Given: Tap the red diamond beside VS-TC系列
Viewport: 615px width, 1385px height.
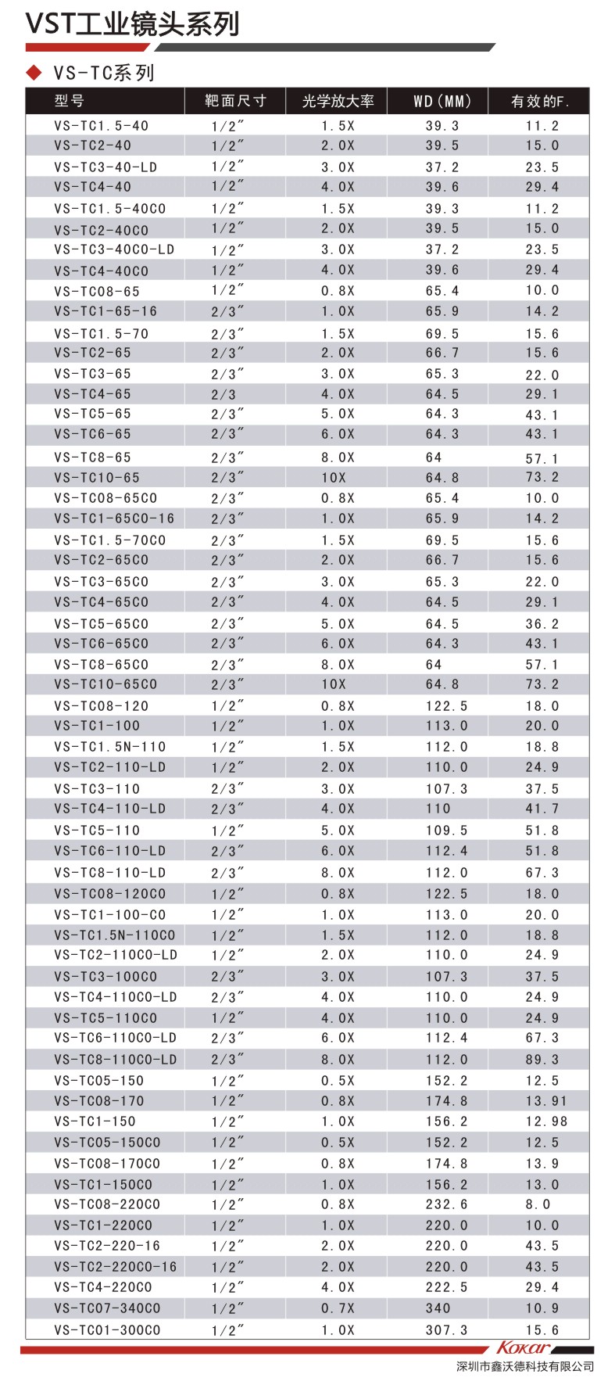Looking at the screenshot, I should point(34,73).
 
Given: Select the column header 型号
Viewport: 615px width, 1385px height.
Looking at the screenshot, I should point(70,101).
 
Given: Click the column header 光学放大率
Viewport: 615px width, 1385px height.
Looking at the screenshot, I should point(338,101).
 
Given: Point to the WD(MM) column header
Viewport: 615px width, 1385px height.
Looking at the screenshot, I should point(442,101).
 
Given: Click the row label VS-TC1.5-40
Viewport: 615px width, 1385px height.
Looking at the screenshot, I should point(102,126).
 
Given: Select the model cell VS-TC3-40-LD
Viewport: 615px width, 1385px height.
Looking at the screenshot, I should point(105,167).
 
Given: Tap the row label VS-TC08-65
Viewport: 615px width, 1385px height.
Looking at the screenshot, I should point(97,291).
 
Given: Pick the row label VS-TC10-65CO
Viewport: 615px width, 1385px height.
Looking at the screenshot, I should point(105,684).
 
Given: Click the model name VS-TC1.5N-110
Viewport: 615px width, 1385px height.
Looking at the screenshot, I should point(110,747).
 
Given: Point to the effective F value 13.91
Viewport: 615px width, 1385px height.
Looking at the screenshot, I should point(546,1101).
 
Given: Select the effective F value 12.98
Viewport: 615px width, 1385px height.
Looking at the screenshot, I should point(546,1121).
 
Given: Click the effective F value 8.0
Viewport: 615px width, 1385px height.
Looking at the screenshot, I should point(538,1204).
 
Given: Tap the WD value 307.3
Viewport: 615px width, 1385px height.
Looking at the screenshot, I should point(446,1329).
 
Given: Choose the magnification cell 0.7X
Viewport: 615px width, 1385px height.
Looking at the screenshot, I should point(338,1308).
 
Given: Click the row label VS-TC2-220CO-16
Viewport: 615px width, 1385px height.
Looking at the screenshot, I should point(116,1267).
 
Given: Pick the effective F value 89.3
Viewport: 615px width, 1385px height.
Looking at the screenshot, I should point(542,1060).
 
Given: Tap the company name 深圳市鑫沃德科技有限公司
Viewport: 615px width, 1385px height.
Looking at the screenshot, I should point(524,1366).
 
